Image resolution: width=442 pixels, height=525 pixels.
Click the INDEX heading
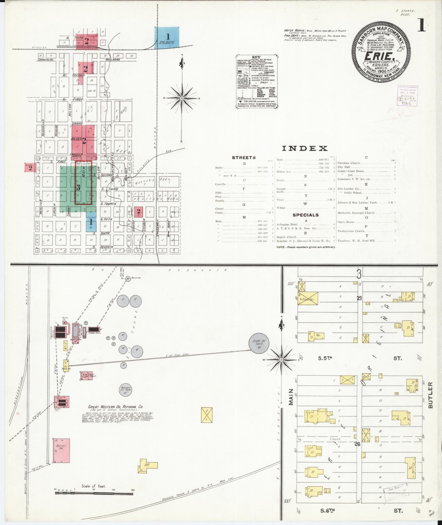point(305,148)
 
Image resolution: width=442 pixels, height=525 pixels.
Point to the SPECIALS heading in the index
point(305,215)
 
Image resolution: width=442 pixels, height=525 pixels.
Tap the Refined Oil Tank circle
point(126,389)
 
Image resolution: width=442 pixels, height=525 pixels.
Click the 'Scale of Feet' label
point(93,486)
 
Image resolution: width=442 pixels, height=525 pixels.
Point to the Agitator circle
point(128,279)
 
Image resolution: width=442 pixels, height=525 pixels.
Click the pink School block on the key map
point(30,168)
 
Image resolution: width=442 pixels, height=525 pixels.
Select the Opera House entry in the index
point(346,222)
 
